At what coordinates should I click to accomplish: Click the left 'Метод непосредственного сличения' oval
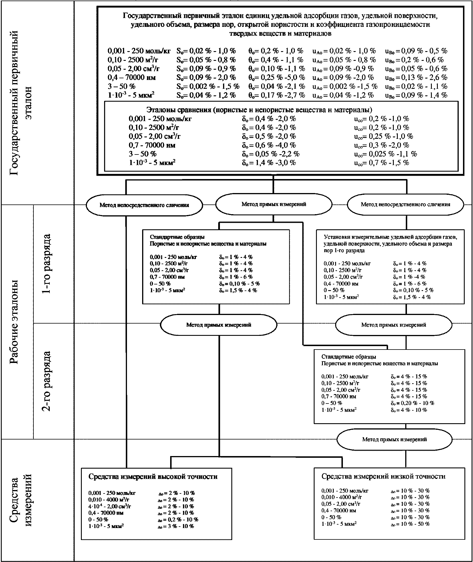(144, 205)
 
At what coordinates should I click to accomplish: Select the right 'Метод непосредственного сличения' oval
(405, 204)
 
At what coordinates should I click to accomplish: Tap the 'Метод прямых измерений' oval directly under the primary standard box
(274, 204)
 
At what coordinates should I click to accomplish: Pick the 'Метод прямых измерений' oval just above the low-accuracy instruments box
(394, 439)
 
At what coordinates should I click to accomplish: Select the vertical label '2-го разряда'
(46, 381)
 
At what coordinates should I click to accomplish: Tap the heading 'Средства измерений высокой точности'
(153, 476)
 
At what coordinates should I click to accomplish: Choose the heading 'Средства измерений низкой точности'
(383, 476)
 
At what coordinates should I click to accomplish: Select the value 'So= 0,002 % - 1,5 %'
(208, 86)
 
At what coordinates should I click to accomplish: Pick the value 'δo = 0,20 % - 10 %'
(412, 403)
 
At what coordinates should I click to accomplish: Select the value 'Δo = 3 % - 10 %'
(176, 526)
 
